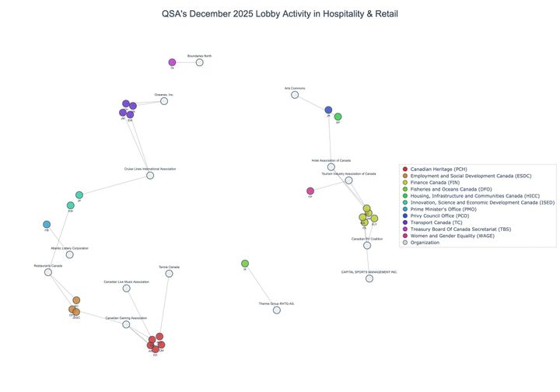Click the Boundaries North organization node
(x=200, y=62)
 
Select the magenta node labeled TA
(x=173, y=62)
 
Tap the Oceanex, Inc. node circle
(x=164, y=100)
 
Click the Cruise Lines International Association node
(x=150, y=175)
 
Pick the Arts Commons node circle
(x=295, y=95)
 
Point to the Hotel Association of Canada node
(x=331, y=166)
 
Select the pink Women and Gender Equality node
(x=310, y=191)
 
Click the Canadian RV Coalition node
(x=367, y=245)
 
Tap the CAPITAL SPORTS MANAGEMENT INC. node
(x=369, y=278)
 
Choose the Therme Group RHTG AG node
(x=276, y=310)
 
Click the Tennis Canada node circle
(x=169, y=273)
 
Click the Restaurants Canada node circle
(x=48, y=272)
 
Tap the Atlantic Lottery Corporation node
(x=70, y=254)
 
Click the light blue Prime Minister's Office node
(x=47, y=225)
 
